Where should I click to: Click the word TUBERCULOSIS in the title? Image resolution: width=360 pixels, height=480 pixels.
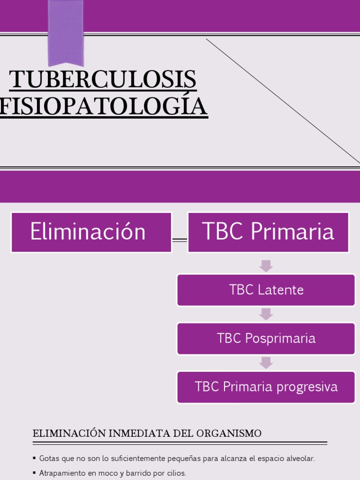103,79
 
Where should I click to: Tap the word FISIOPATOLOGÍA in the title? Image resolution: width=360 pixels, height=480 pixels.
103,106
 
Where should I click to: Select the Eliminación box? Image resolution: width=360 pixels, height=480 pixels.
91,232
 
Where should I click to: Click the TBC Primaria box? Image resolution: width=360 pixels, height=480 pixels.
268,232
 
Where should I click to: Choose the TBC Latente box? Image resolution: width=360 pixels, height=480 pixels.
266,290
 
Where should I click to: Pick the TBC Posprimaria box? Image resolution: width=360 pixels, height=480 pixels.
266,338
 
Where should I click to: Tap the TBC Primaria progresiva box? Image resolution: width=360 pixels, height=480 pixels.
266,387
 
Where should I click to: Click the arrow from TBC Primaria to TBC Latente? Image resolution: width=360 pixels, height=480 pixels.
266,266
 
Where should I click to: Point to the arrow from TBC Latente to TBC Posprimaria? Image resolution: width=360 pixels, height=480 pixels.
266,314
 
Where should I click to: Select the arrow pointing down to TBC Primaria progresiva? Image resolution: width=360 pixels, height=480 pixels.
266,363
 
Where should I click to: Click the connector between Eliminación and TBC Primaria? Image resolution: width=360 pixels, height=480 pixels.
180,240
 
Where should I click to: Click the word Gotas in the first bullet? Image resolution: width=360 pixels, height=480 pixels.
48,458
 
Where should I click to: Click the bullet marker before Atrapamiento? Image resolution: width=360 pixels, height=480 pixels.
35,473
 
